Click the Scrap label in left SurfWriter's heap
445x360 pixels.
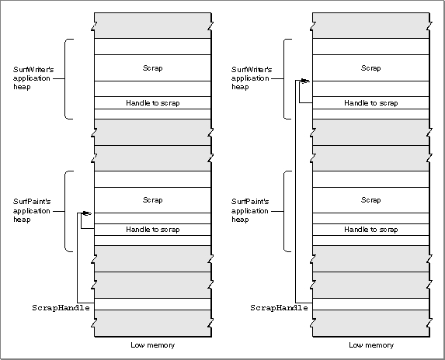tap(153, 68)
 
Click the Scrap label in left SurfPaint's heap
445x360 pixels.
tap(153, 200)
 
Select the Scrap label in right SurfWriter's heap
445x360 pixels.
tap(371, 68)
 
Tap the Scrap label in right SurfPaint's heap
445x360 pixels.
tap(371, 200)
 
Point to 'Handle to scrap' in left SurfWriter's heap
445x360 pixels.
tap(153, 103)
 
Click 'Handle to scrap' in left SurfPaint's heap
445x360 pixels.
tap(153, 230)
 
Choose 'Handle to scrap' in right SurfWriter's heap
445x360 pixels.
tap(371, 103)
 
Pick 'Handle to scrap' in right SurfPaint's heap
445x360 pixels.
tap(371, 230)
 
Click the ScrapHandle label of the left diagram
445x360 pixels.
tap(61, 308)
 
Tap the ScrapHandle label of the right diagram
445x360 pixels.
tap(279, 308)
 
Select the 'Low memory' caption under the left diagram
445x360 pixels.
tap(153, 345)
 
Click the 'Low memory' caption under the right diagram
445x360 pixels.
tap(371, 345)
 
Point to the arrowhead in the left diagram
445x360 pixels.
tap(87, 213)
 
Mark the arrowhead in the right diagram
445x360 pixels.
tap(305, 81)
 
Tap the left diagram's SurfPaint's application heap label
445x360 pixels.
tap(32, 210)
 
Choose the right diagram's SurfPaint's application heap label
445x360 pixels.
tap(250, 210)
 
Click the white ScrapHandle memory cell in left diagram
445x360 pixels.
tap(153, 304)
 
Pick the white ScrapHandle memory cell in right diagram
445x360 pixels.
tap(371, 304)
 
